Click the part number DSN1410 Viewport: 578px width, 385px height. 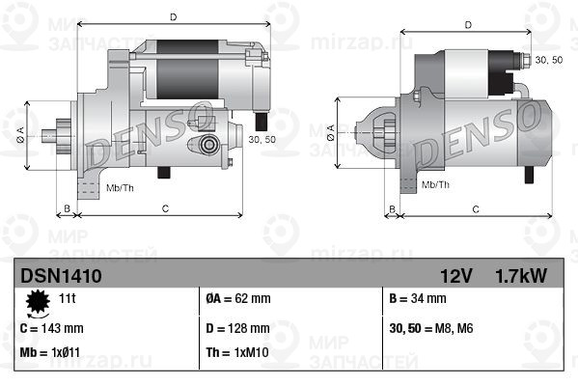pyautogui.click(x=61, y=276)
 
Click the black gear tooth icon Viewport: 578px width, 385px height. pyautogui.click(x=39, y=303)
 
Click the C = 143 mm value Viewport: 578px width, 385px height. pyautogui.click(x=52, y=327)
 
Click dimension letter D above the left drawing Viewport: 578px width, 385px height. pyautogui.click(x=172, y=17)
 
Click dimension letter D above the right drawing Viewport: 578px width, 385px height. pyautogui.click(x=467, y=25)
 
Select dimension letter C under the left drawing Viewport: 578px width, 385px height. pyautogui.click(x=165, y=208)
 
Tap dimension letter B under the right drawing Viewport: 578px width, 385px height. pyautogui.click(x=392, y=208)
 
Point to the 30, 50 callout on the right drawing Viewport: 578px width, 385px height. pyautogui.click(x=548, y=60)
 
